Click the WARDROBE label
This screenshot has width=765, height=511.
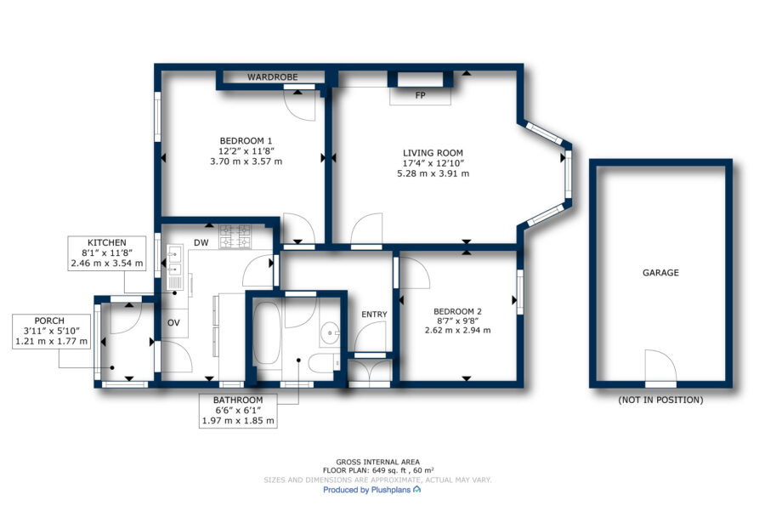pos(272,77)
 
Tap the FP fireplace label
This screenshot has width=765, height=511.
pos(420,96)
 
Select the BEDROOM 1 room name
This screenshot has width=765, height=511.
pos(246,141)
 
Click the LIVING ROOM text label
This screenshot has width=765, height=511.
pos(433,153)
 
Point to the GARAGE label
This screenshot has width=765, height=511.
pos(660,273)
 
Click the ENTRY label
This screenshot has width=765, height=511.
pos(374,315)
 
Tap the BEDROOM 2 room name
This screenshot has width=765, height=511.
pos(457,311)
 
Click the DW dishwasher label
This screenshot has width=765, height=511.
pos(201,242)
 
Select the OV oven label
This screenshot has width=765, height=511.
pos(173,322)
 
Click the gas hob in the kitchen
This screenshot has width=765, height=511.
pos(235,236)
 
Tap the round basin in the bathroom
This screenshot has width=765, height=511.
pos(331,333)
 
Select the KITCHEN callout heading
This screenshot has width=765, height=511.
pos(107,242)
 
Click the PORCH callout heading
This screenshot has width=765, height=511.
pos(49,321)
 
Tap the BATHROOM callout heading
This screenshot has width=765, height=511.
pos(238,400)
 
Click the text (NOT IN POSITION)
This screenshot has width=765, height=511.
pos(660,400)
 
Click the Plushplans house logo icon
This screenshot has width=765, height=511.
pos(416,489)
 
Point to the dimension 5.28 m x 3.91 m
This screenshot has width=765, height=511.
pos(433,173)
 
